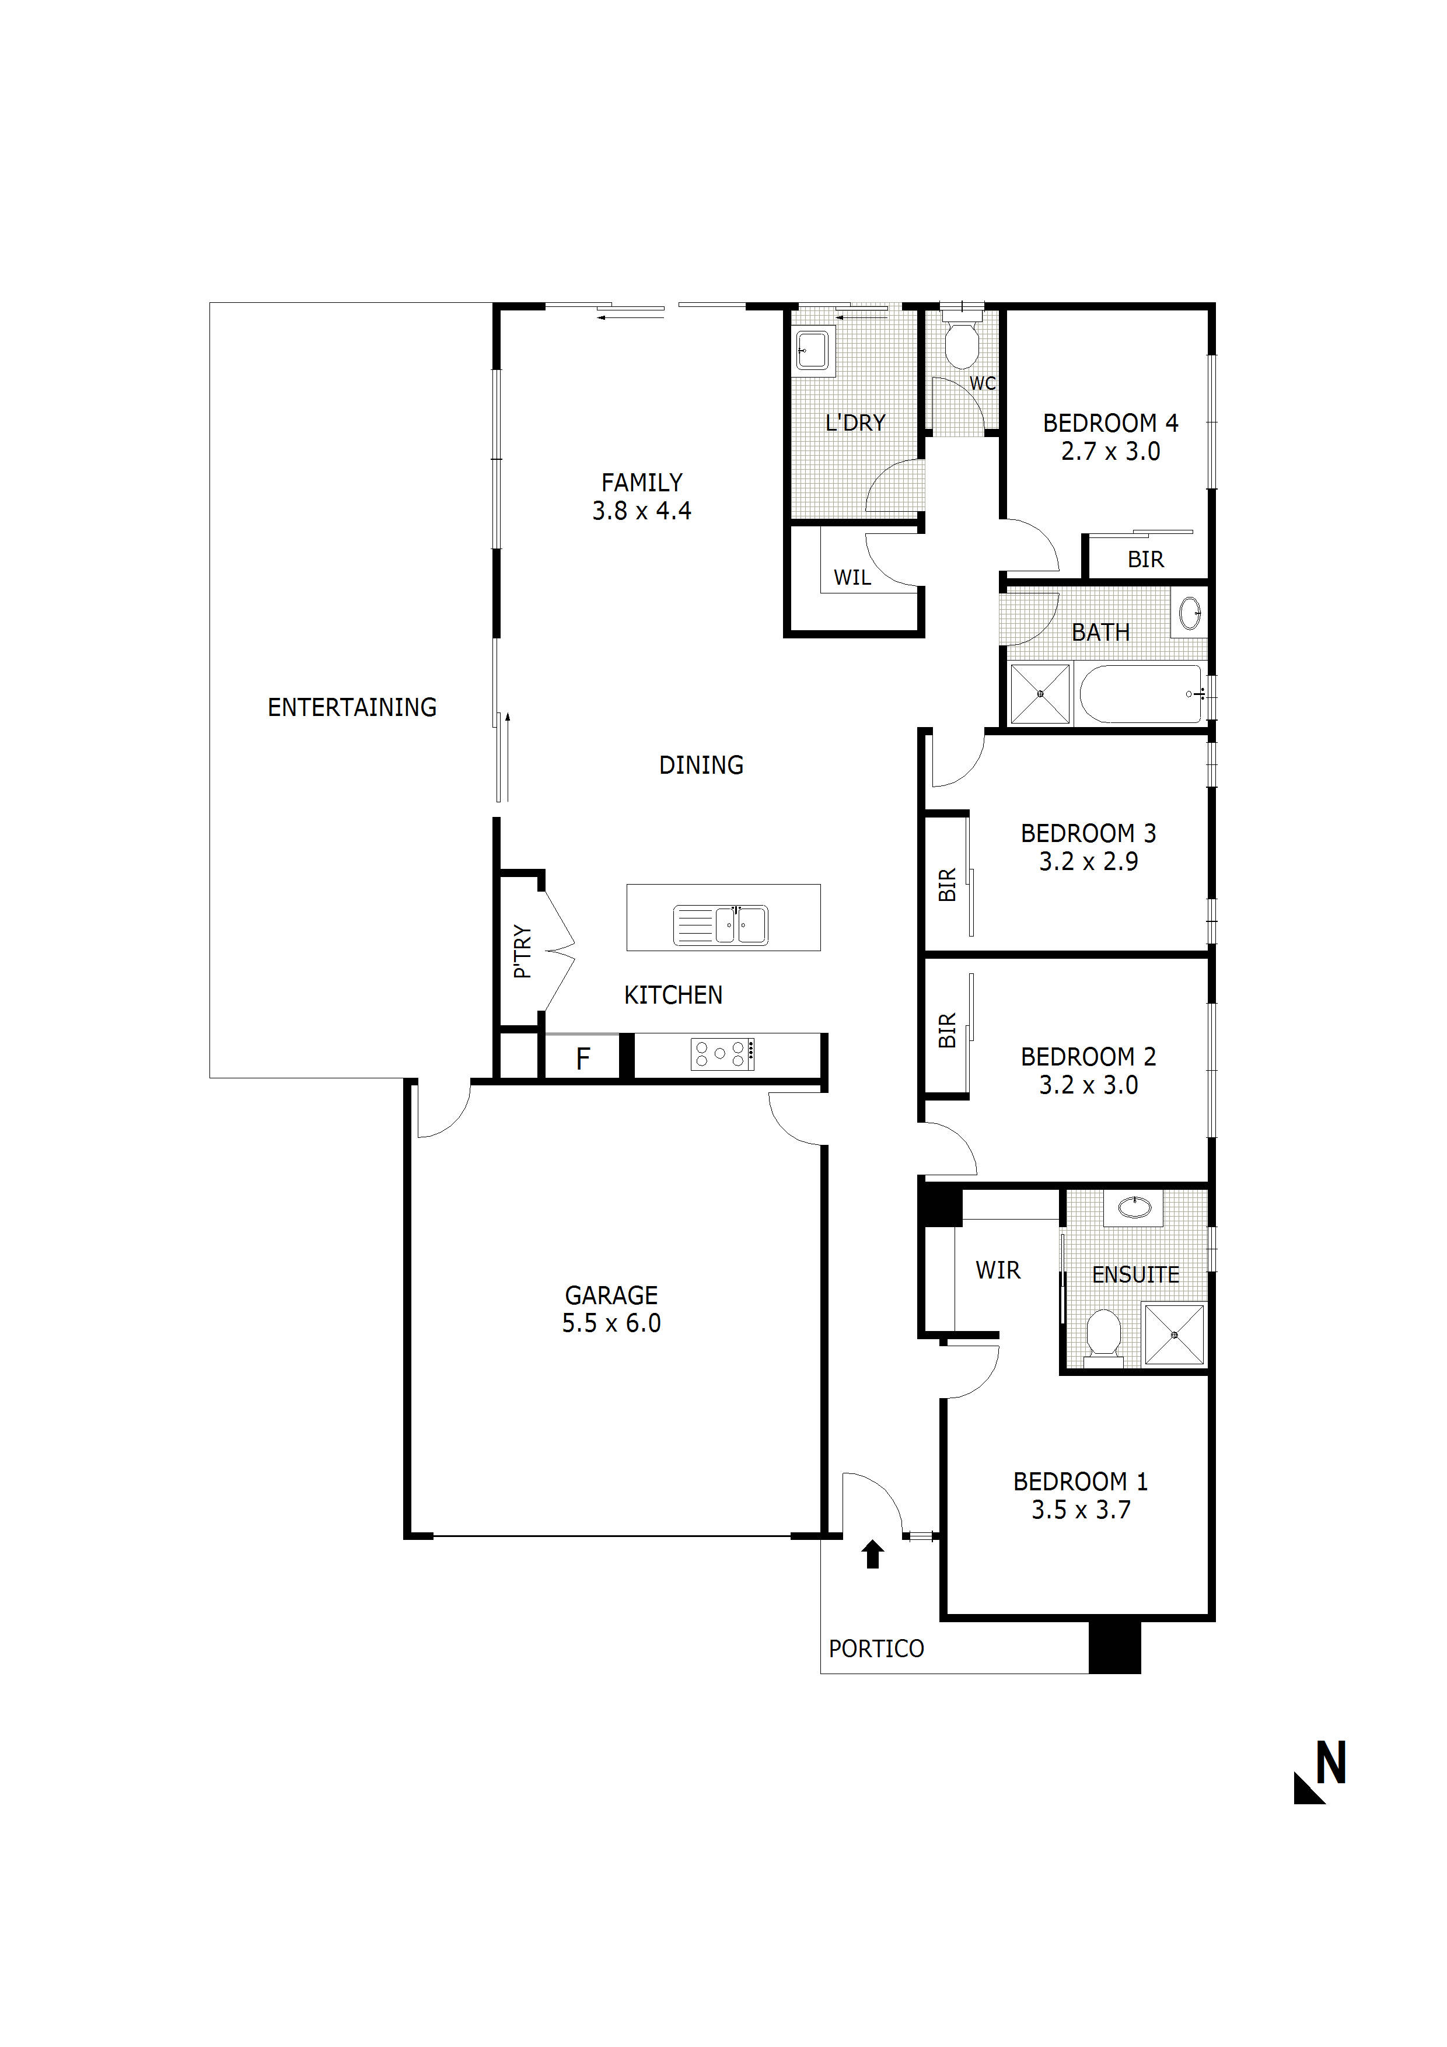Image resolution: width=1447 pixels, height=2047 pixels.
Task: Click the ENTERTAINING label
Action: (352, 707)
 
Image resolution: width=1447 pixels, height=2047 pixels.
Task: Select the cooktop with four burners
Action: (722, 1054)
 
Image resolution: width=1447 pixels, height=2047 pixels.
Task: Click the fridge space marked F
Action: (582, 1059)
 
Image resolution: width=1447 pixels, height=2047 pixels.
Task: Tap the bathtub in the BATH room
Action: (1140, 694)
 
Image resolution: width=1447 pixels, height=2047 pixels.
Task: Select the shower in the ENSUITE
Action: (1173, 1335)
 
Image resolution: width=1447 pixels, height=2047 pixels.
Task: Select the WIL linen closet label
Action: (852, 578)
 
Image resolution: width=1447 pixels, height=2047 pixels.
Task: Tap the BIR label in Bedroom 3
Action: (947, 885)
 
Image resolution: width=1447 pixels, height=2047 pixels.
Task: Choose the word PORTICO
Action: (876, 1650)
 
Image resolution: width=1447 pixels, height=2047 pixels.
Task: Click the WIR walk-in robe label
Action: (998, 1270)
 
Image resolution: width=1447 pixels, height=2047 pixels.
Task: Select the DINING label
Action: (701, 765)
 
